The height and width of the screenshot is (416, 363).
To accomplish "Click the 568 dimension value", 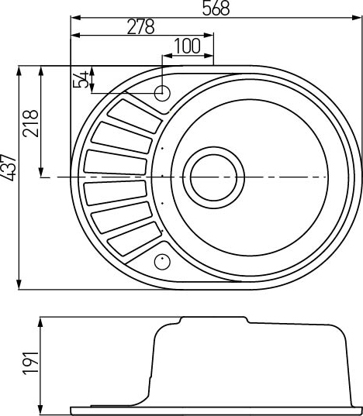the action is pyautogui.click(x=216, y=8).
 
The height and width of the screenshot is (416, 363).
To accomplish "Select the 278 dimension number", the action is pyautogui.click(x=140, y=26).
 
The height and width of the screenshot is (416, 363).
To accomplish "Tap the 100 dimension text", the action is pyautogui.click(x=187, y=46).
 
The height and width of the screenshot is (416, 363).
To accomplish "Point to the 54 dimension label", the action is pyautogui.click(x=81, y=79).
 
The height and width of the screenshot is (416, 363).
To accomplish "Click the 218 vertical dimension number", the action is pyautogui.click(x=30, y=124).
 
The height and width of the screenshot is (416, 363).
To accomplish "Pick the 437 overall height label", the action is pyautogui.click(x=9, y=167).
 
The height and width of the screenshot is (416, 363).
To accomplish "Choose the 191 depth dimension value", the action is pyautogui.click(x=30, y=363).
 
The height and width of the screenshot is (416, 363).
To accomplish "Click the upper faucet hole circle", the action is pyautogui.click(x=162, y=93).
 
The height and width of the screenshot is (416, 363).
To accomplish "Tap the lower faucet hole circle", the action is pyautogui.click(x=162, y=262).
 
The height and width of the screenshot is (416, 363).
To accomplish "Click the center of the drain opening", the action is pyautogui.click(x=213, y=177).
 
